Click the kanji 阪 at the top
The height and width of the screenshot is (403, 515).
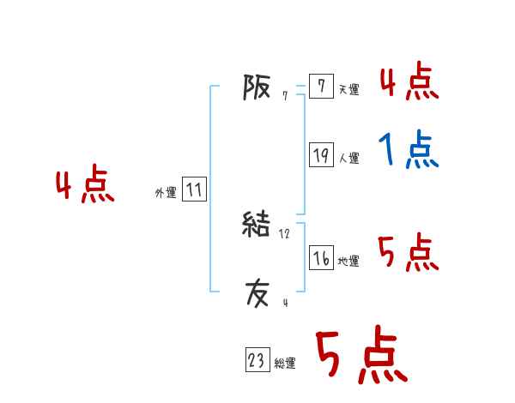[x=257, y=87]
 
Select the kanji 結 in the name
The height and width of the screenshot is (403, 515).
[x=257, y=226]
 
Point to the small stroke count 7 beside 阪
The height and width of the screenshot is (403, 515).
[x=284, y=96]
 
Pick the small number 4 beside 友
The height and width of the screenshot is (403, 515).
[x=284, y=303]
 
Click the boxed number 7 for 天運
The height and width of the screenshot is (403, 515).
[x=321, y=87]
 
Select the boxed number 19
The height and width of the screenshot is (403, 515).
[x=321, y=155]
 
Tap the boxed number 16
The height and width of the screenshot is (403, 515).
[x=321, y=258]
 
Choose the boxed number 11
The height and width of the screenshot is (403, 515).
[x=194, y=190]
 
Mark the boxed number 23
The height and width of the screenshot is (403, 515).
[x=257, y=361]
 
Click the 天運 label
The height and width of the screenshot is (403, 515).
[x=348, y=89]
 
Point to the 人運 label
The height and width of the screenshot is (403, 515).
[x=348, y=158]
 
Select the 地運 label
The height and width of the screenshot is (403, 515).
[x=348, y=261]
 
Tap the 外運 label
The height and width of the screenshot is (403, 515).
[x=166, y=193]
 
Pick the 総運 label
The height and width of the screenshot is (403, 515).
[x=285, y=364]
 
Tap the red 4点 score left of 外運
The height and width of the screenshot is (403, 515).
[x=85, y=186]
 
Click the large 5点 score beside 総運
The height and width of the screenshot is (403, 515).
[x=360, y=356]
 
